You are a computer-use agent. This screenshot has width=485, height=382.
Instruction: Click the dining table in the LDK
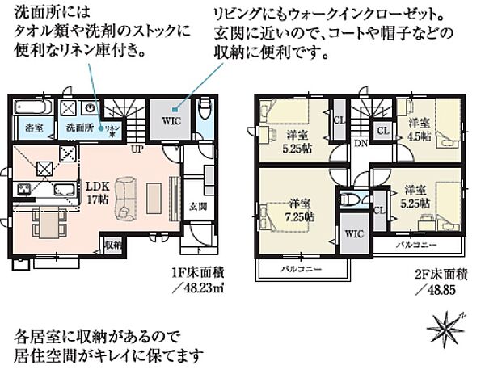coord(44,219)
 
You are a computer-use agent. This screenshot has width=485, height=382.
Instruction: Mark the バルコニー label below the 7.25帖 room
coord(297,267)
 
